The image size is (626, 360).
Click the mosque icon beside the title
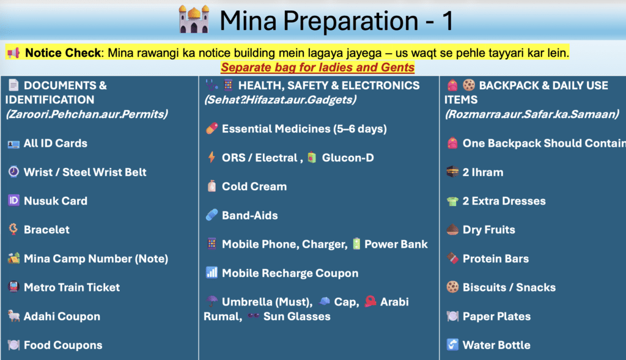click(194, 19)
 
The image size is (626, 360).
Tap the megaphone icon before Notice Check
click(13, 53)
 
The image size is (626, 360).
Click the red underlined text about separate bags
click(317, 67)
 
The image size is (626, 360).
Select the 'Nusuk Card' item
click(56, 200)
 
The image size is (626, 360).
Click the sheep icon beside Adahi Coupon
click(13, 316)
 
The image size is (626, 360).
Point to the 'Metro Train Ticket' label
click(72, 287)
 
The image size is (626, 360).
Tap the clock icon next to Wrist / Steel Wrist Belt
click(13, 172)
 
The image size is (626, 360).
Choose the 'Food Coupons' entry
click(63, 345)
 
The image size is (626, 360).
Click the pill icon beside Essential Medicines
click(212, 128)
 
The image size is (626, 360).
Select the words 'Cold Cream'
click(254, 186)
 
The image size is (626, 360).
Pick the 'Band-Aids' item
click(250, 216)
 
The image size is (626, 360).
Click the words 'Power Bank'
click(396, 244)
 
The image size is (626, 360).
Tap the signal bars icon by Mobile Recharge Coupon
click(212, 273)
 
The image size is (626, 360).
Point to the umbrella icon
click(212, 301)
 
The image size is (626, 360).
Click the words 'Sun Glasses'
click(297, 317)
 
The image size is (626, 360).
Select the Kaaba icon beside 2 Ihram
click(452, 172)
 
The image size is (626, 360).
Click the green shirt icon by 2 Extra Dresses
click(452, 201)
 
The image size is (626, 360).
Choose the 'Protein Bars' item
click(496, 259)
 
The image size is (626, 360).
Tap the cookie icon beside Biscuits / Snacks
click(452, 287)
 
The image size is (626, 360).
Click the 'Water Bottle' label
click(496, 345)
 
